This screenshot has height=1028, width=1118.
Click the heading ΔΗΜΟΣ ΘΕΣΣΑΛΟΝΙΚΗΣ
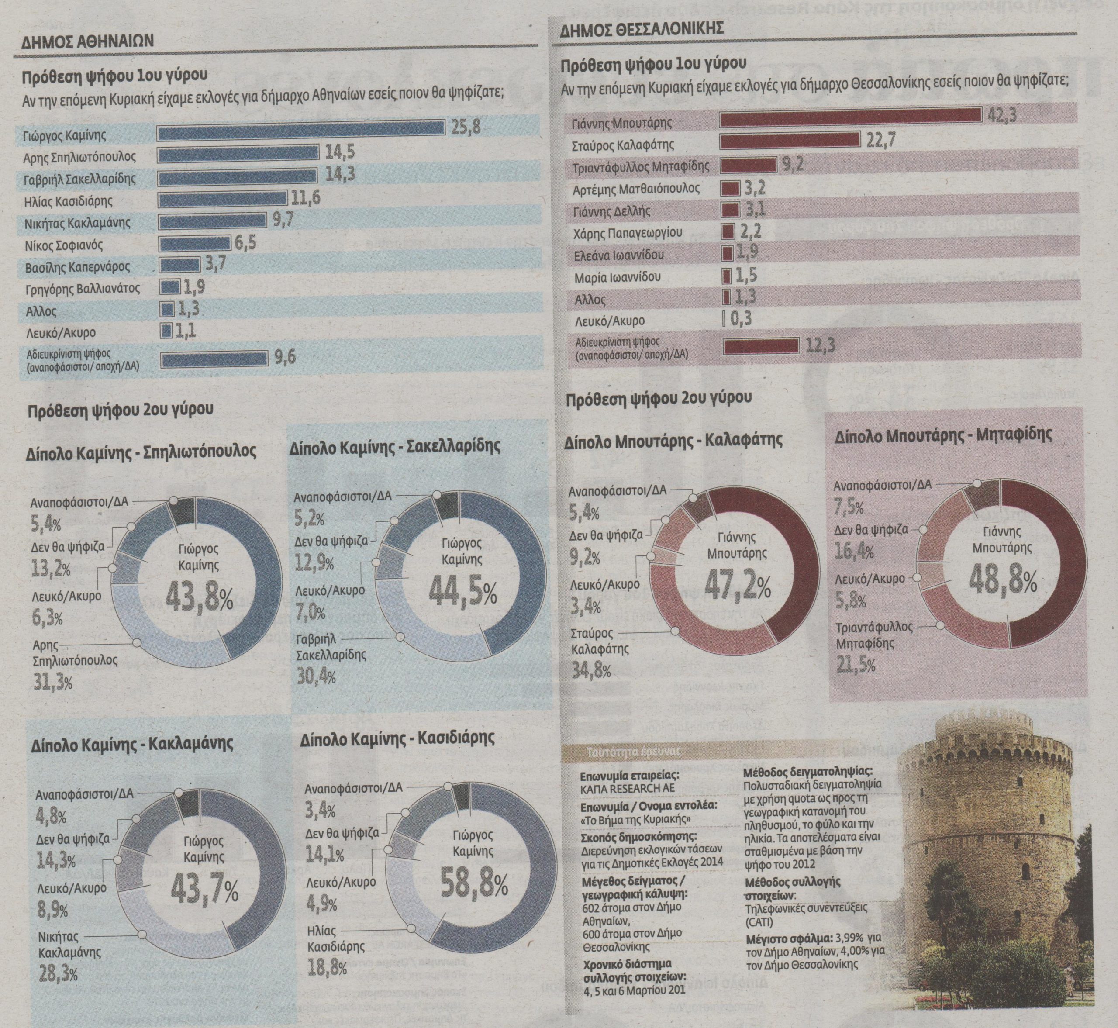(x=641, y=28)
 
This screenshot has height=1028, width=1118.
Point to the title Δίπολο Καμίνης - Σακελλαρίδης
(x=394, y=447)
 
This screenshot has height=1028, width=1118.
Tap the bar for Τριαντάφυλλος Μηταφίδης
(x=748, y=165)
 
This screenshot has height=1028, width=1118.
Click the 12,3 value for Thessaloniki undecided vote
(x=820, y=345)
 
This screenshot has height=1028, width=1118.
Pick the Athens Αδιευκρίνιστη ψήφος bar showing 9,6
(x=214, y=359)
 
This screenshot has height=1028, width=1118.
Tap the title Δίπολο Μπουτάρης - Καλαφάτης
(x=673, y=441)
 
